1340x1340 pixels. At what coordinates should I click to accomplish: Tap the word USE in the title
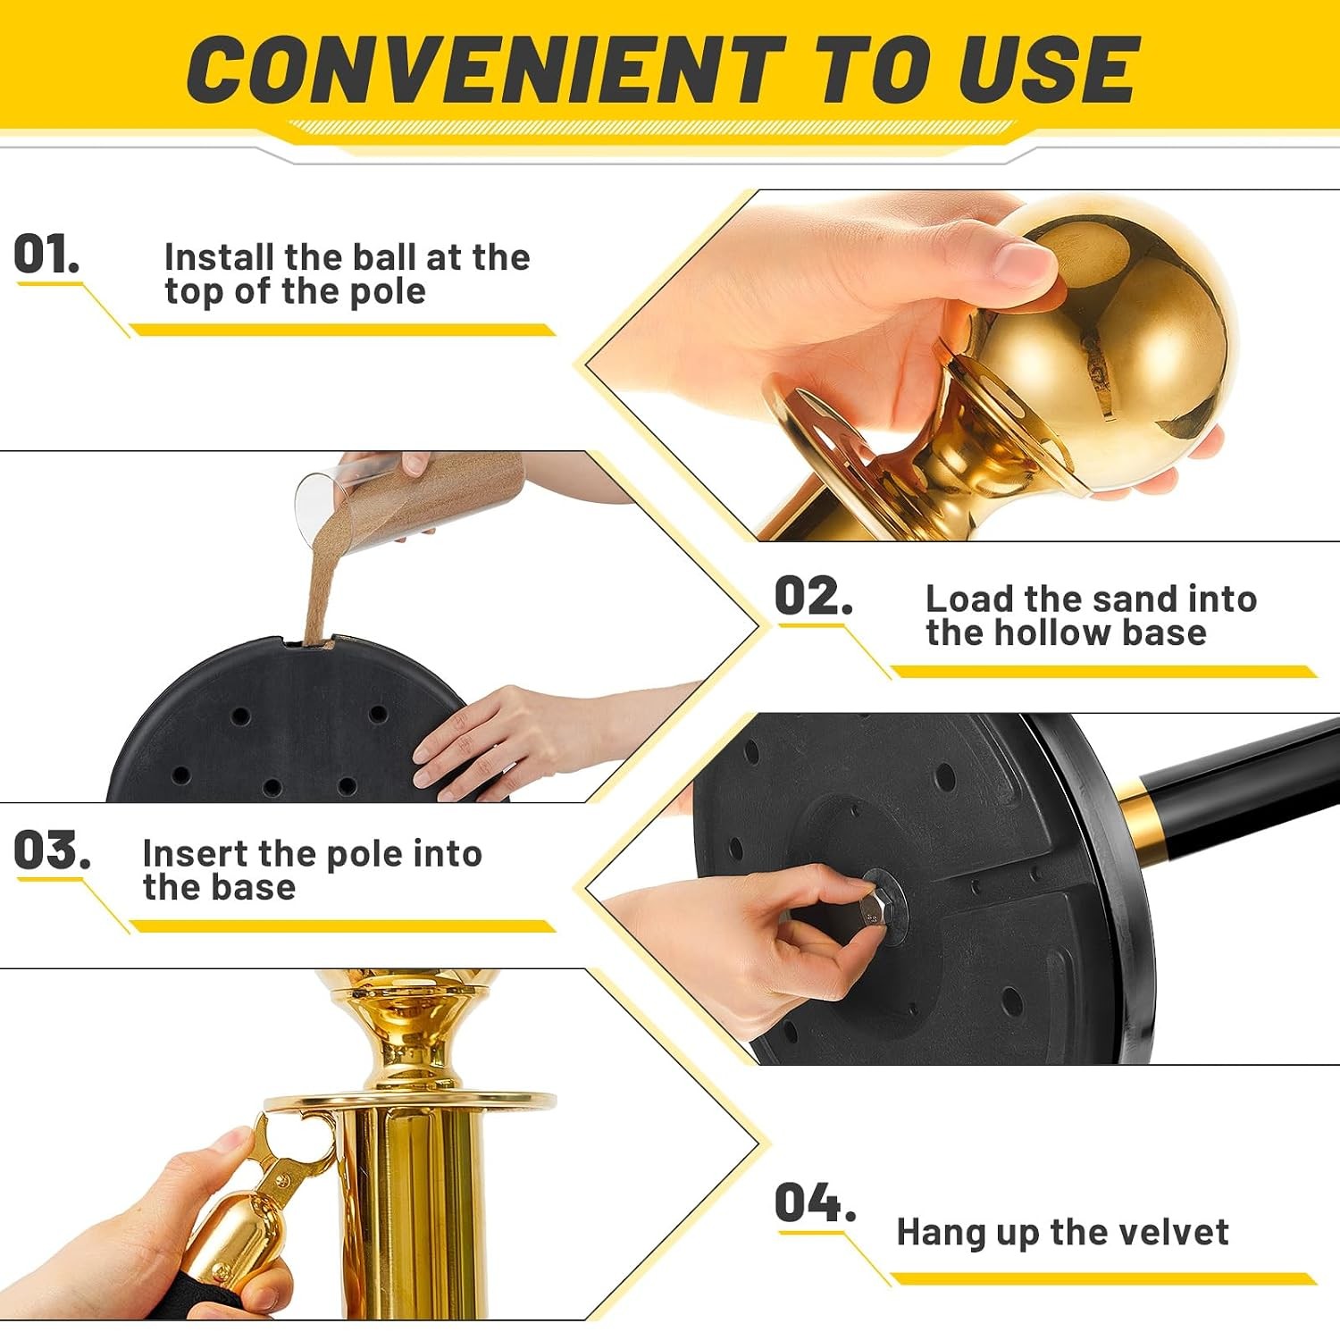click(1048, 69)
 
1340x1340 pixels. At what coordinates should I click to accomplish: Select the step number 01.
click(46, 255)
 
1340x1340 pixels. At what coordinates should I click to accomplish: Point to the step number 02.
click(813, 596)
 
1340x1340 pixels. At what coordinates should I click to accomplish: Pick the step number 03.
click(52, 850)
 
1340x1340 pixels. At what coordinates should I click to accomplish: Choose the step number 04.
click(815, 1202)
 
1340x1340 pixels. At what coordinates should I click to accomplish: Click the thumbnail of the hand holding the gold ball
click(960, 365)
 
